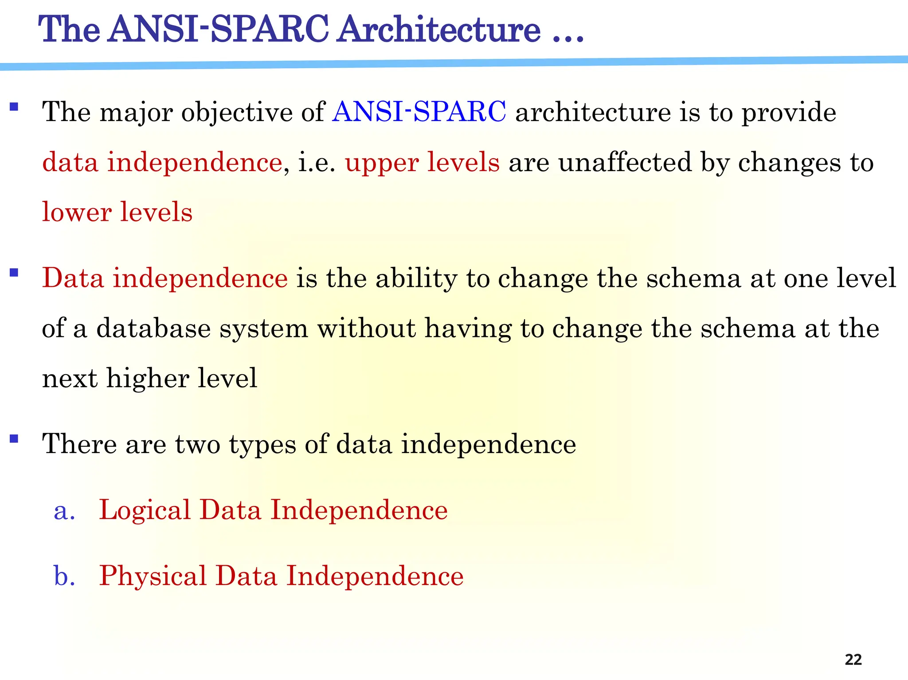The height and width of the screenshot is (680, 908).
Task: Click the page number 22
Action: click(853, 659)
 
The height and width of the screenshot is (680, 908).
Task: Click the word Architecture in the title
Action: click(438, 29)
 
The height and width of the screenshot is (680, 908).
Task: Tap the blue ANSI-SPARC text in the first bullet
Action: click(419, 112)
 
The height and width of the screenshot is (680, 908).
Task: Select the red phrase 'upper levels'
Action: click(422, 162)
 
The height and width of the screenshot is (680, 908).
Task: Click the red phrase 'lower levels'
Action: click(117, 212)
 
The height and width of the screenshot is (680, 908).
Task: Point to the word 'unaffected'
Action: click(624, 162)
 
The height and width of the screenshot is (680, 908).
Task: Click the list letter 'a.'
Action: click(64, 511)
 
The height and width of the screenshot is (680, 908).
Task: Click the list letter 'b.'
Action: click(64, 576)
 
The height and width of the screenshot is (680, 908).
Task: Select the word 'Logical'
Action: click(144, 511)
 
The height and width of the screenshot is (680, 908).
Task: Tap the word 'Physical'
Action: click(153, 576)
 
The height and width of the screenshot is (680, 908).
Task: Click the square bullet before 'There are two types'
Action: click(14, 439)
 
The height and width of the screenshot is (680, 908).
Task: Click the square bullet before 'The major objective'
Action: click(14, 107)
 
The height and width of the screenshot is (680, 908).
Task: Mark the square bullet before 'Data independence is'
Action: click(14, 273)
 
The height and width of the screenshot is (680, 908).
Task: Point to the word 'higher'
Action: click(148, 379)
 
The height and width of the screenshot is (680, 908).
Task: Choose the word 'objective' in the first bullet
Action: click(236, 113)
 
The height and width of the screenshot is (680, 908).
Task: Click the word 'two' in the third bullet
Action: click(197, 444)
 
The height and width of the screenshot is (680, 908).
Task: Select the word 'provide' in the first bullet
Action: click(789, 113)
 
